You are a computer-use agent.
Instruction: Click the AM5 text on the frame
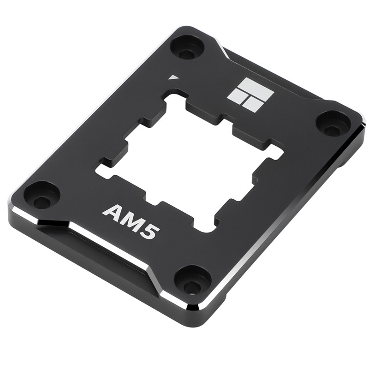pyautogui.click(x=131, y=221)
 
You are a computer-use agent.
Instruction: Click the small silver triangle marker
pyautogui.click(x=173, y=77)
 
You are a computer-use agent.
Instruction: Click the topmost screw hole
pyautogui.click(x=187, y=48)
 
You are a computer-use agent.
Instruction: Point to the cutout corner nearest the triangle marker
pyautogui.click(x=176, y=94)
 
